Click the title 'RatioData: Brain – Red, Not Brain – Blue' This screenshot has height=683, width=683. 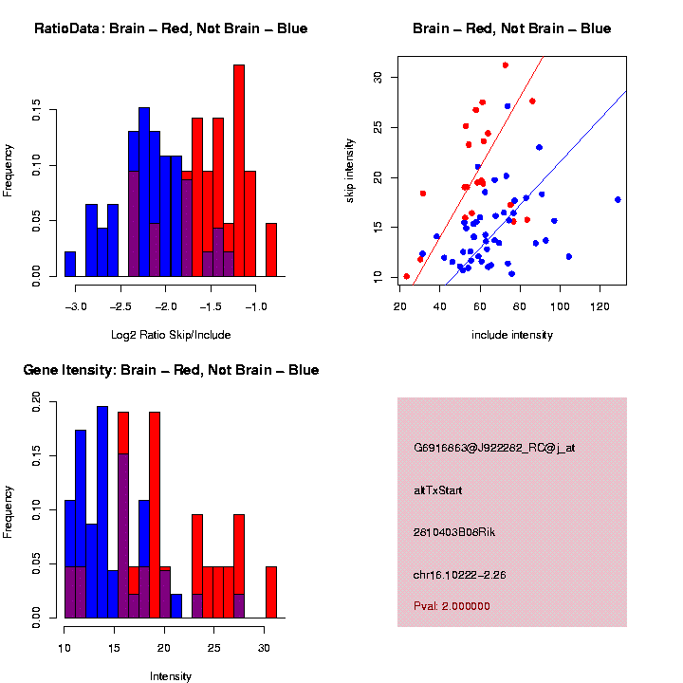(x=171, y=28)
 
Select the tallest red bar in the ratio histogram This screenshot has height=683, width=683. (x=239, y=171)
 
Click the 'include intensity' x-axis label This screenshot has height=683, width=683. (x=512, y=335)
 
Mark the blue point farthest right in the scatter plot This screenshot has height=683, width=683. (x=618, y=199)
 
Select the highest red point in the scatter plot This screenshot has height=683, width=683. (x=506, y=65)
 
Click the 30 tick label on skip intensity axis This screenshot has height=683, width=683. (x=378, y=77)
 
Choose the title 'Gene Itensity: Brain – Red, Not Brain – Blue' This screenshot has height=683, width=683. (x=171, y=370)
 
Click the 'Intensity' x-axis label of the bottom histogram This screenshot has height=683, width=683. (x=171, y=676)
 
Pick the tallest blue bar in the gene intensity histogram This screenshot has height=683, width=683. (x=102, y=512)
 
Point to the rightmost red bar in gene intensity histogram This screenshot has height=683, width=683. (x=271, y=592)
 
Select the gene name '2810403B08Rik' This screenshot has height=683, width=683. (x=454, y=532)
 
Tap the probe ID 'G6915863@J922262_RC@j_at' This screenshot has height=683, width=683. (x=494, y=448)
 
